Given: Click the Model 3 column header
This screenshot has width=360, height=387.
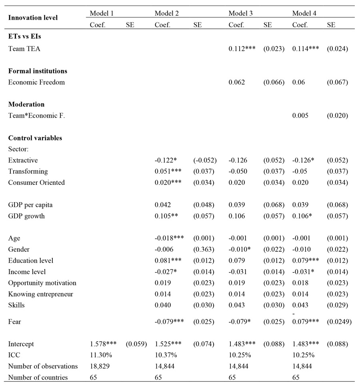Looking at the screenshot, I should click(x=240, y=13).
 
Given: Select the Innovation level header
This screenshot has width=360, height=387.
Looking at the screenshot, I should click(x=33, y=18).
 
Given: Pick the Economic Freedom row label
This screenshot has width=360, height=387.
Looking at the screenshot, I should click(x=36, y=82).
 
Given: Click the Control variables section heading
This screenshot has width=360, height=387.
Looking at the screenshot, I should click(x=35, y=138).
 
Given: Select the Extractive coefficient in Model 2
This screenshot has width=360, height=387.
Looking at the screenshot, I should click(x=166, y=160).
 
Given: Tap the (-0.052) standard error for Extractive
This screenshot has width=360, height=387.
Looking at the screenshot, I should click(x=205, y=160).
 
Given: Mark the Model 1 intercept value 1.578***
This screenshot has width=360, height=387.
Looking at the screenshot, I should click(x=104, y=344).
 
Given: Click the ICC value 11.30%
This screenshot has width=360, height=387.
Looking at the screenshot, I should click(x=100, y=355).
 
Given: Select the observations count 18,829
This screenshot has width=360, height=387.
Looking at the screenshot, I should click(x=100, y=366).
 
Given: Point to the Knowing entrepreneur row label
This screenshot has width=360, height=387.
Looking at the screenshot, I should click(x=40, y=294).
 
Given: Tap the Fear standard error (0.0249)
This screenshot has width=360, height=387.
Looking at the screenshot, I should click(x=339, y=322).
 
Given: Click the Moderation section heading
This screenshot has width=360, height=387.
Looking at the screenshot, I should click(x=26, y=104).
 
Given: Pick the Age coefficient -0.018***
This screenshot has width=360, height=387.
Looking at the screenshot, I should click(x=169, y=238).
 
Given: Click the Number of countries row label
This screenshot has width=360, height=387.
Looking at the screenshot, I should click(x=38, y=377).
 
